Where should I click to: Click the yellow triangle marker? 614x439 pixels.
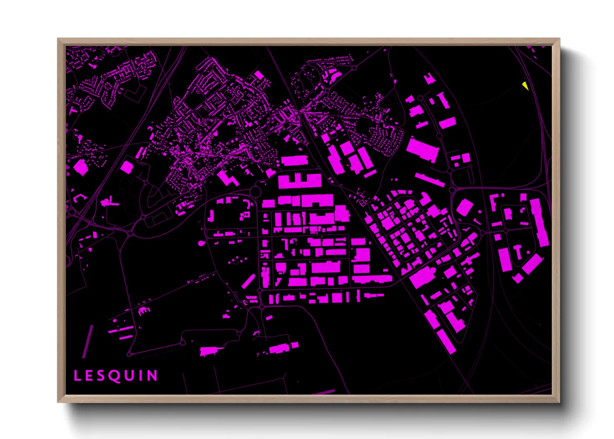click(525, 86)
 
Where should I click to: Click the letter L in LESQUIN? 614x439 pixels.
click(77, 376)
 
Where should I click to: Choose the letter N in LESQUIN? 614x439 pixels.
click(153, 376)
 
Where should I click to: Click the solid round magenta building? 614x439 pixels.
click(202, 243)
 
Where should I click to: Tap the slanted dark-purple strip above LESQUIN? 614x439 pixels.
click(88, 341)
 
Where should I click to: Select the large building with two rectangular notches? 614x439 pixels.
click(300, 181)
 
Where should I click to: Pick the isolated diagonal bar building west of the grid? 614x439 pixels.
click(248, 281)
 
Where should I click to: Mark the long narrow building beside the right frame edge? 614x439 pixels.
click(539, 222)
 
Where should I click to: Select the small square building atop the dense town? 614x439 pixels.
click(258, 75)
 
